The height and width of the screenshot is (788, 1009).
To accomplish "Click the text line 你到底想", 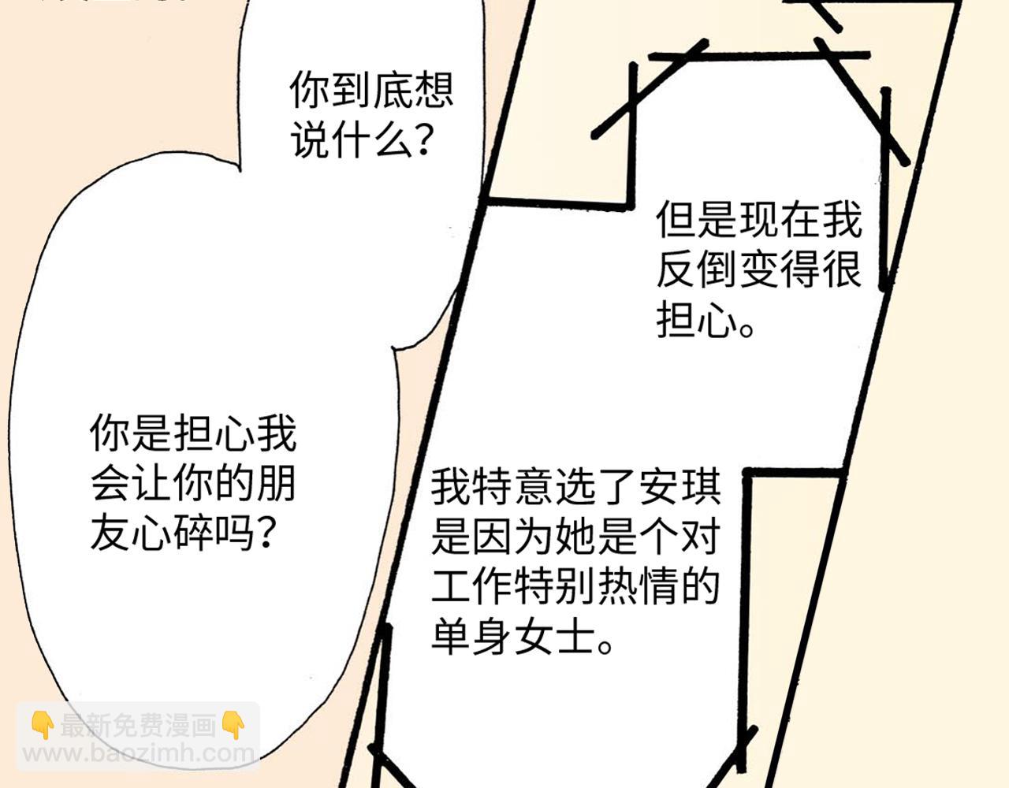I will [x=371, y=91].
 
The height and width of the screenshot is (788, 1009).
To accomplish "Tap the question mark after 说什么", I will [x=423, y=142].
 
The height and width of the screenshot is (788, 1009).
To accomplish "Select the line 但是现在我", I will [x=759, y=220].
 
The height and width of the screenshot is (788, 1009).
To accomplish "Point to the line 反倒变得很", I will [x=759, y=270].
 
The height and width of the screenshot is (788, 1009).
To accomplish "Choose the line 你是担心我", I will [x=193, y=434].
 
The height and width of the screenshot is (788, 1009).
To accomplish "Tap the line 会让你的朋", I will [x=193, y=485].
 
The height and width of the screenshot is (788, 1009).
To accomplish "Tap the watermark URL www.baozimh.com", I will [x=139, y=753].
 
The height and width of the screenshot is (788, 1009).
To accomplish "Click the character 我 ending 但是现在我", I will [x=842, y=220].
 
